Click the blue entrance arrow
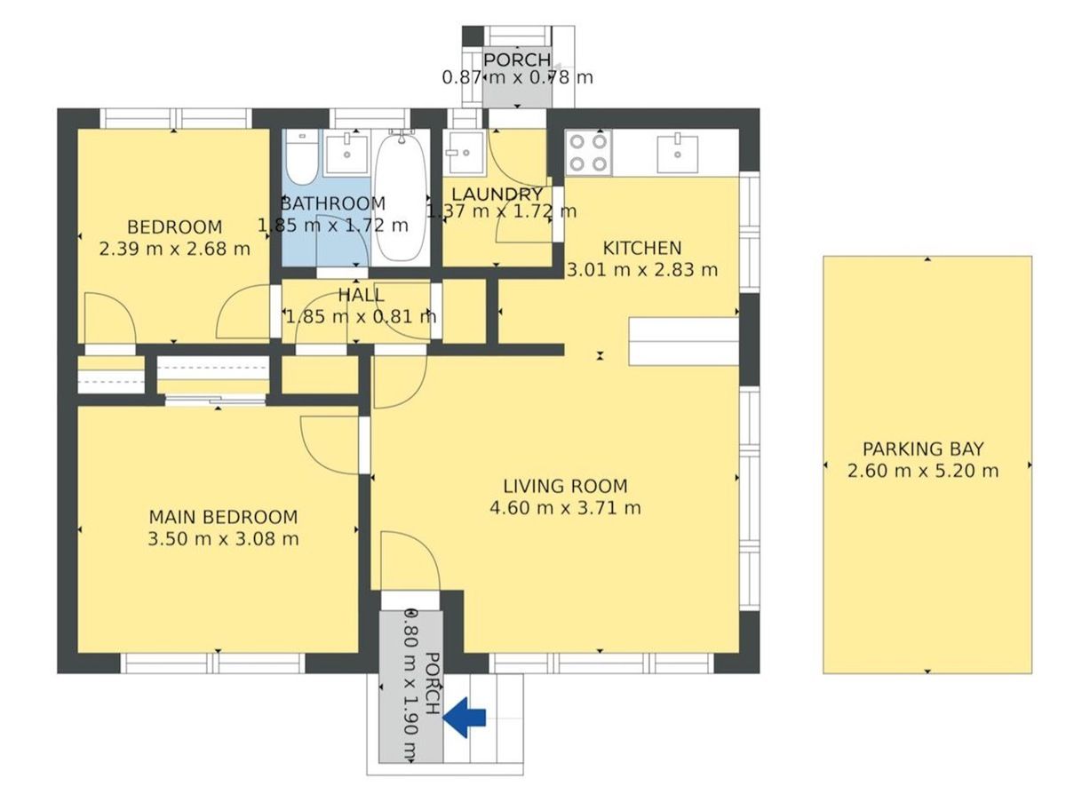(464, 718)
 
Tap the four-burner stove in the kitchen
(588, 153)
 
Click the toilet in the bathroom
(301, 156)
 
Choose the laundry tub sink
(465, 153)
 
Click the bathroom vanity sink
(346, 155)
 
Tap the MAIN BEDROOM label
(223, 517)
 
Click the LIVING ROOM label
(565, 486)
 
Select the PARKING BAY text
(923, 449)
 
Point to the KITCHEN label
(642, 248)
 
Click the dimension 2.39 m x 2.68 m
(174, 249)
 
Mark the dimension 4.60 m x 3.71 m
(565, 507)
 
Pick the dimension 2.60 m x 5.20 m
(923, 471)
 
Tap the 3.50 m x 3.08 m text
(223, 539)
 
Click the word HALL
(361, 295)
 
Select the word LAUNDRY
(497, 195)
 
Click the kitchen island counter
(683, 341)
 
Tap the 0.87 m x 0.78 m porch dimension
(518, 77)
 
